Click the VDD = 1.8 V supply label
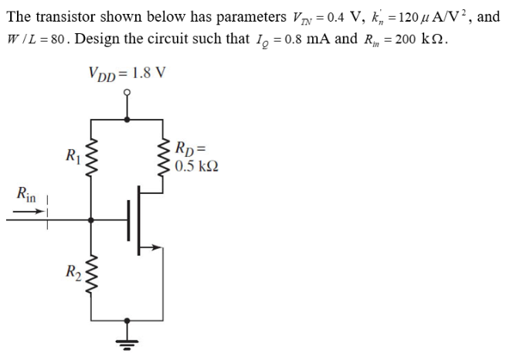[127, 74]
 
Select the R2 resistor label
[72, 271]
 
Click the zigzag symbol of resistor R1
[92, 161]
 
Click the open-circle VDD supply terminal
[129, 93]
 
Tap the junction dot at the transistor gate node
[92, 219]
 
